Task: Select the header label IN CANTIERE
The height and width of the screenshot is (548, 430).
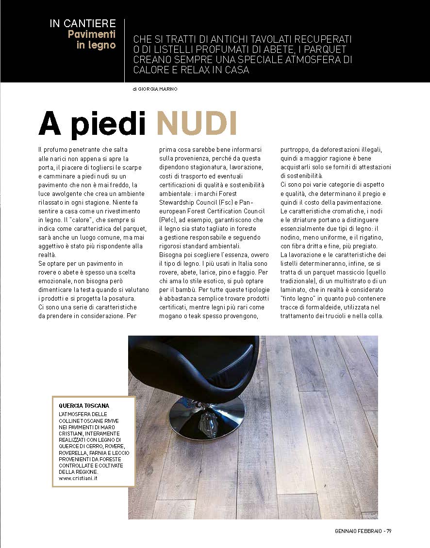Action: (83, 23)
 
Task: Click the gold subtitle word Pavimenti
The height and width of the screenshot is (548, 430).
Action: (92, 34)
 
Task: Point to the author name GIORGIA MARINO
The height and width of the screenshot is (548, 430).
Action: (154, 89)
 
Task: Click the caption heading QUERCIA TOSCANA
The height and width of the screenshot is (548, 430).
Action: (84, 405)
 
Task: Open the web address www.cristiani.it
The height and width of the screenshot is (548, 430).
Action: (77, 478)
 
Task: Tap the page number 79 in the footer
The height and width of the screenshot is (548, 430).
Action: (389, 531)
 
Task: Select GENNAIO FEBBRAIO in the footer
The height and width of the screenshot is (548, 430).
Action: (358, 531)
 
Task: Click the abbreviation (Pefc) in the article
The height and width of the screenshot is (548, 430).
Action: (167, 220)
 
